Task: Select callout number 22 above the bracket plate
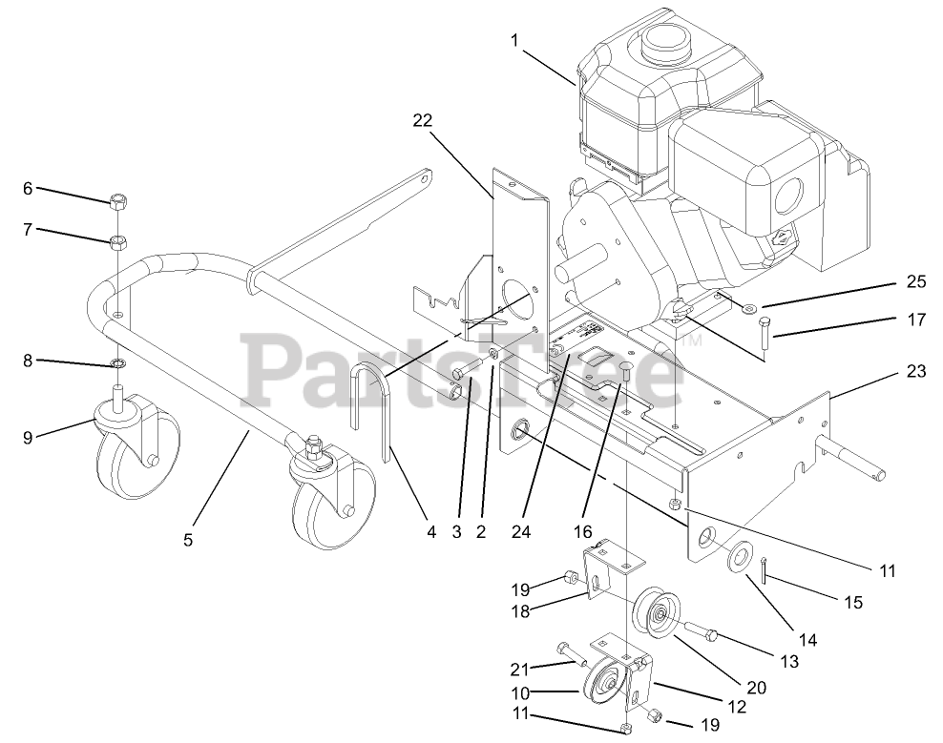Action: point(422,121)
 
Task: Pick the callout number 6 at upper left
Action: point(28,189)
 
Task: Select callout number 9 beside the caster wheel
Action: point(28,438)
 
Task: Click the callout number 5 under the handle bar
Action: point(188,540)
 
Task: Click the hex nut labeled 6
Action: point(118,201)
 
